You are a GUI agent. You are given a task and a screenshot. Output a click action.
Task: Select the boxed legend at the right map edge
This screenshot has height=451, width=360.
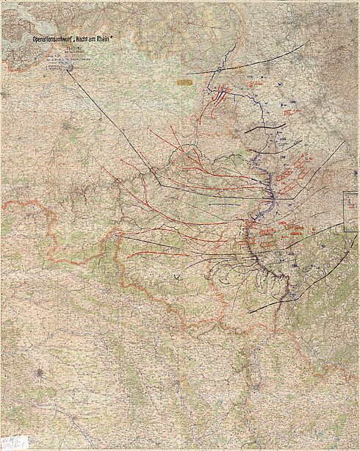pos(351,212)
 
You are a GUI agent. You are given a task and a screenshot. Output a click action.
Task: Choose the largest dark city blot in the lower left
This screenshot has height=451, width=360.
pos(41,372)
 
